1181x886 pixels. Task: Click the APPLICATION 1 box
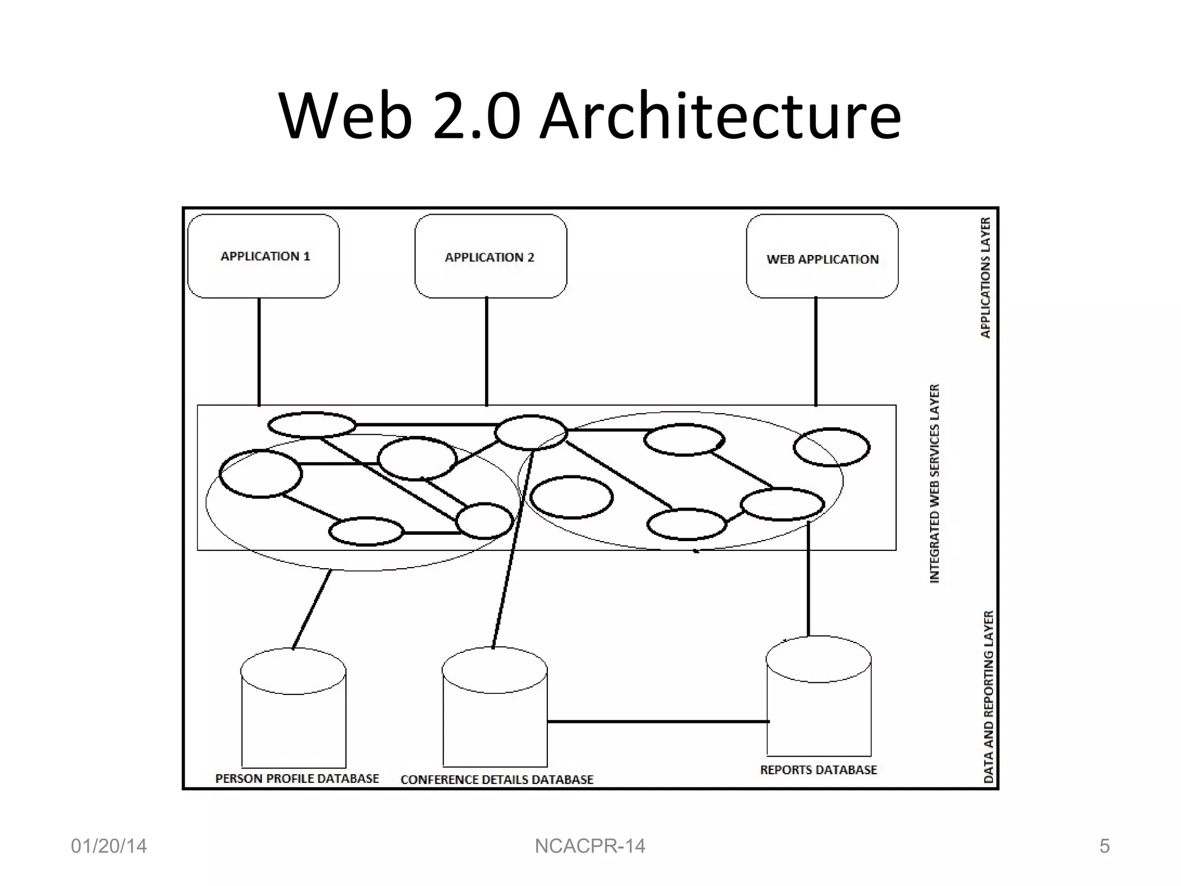(x=264, y=256)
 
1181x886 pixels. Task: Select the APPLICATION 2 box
(x=490, y=257)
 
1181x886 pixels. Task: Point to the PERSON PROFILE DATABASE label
(x=297, y=779)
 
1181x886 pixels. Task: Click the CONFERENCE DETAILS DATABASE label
(x=497, y=780)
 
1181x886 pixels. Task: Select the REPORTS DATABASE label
(x=818, y=770)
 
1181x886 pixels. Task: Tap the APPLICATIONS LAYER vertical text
(x=986, y=277)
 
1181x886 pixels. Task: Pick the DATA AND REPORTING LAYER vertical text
(x=989, y=696)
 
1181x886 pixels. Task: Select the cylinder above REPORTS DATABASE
(x=818, y=698)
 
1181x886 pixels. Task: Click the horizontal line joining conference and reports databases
(x=657, y=721)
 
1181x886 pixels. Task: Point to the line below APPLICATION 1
(x=259, y=352)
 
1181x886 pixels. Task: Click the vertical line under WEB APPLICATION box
(x=815, y=352)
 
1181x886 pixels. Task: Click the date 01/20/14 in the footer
(x=108, y=846)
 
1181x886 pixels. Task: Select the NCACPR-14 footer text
(x=590, y=846)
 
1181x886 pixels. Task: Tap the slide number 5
(x=1104, y=846)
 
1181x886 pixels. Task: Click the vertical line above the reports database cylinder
(x=808, y=583)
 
